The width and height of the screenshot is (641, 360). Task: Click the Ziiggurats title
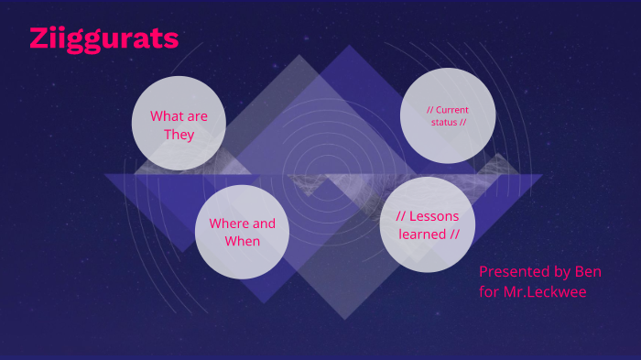tap(103, 38)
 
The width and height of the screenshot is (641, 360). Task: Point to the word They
tap(179, 135)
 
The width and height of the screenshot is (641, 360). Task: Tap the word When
tap(243, 242)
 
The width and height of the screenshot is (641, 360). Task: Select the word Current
tap(451, 110)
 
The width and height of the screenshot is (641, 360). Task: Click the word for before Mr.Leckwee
tap(490, 292)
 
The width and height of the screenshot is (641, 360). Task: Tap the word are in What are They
tap(197, 116)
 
